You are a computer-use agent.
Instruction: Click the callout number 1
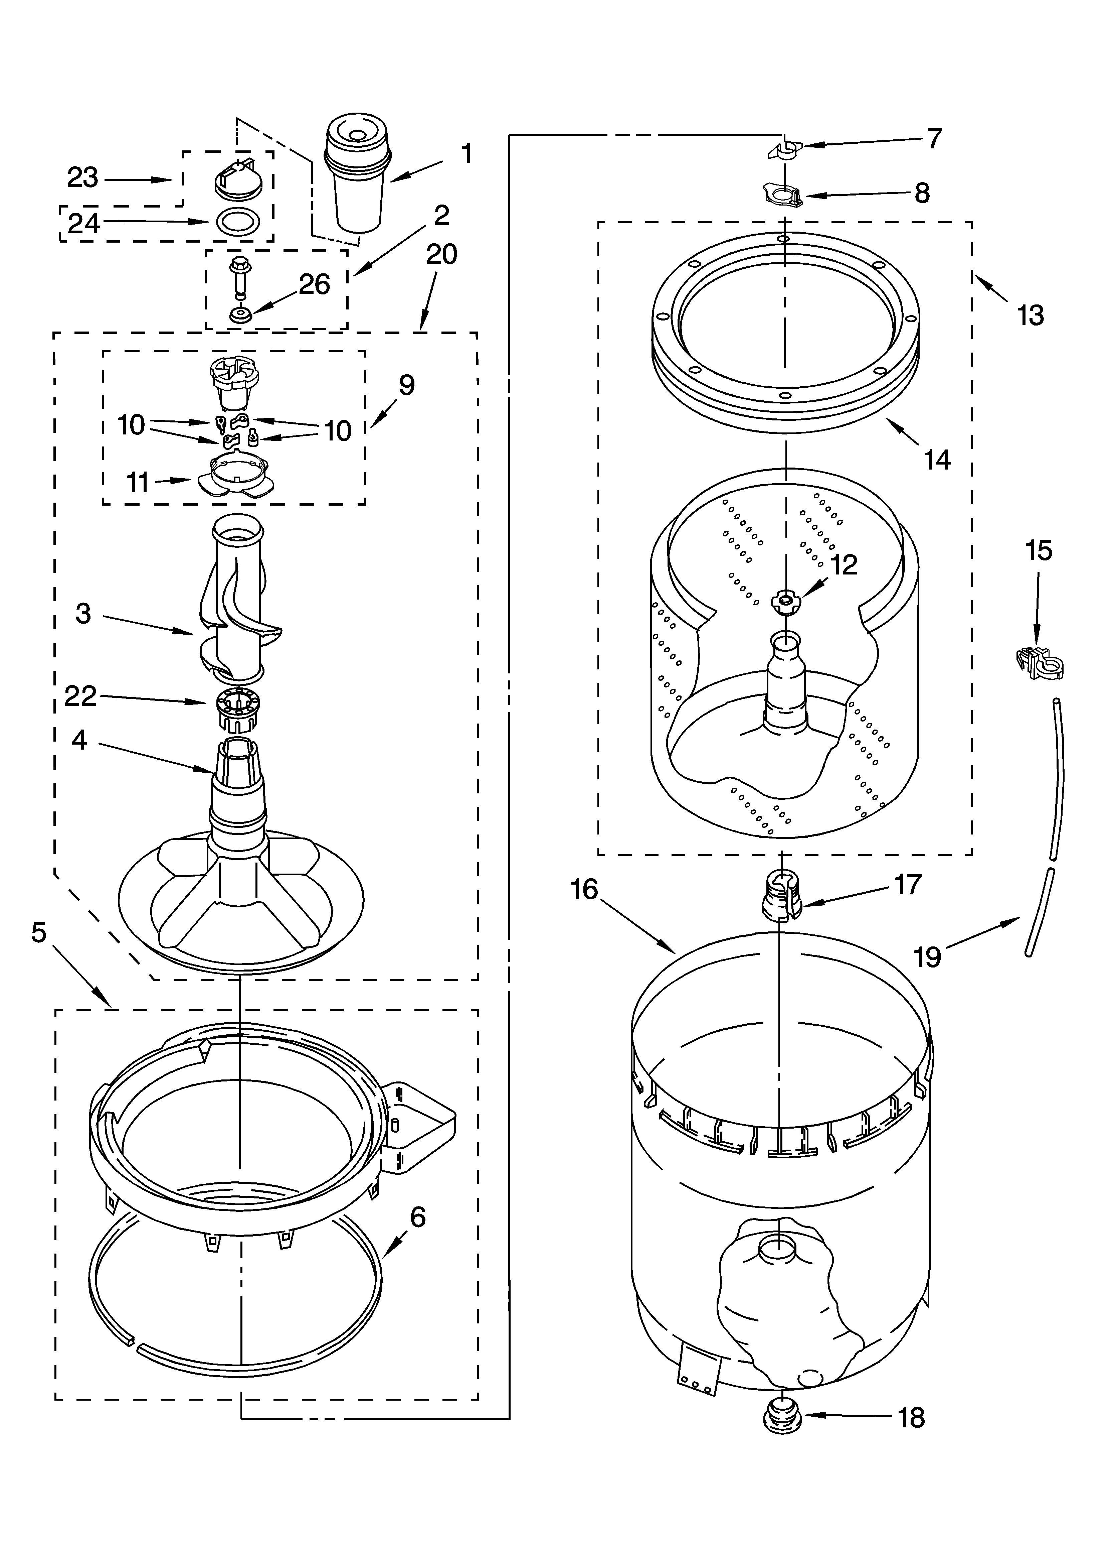pyautogui.click(x=467, y=154)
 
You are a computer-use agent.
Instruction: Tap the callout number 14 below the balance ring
pyautogui.click(x=937, y=459)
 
